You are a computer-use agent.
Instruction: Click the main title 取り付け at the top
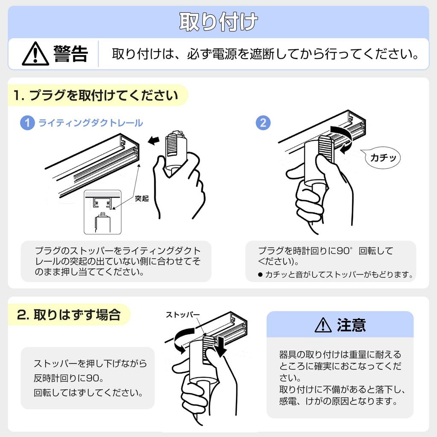(218, 22)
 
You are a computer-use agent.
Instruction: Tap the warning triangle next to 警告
(35, 54)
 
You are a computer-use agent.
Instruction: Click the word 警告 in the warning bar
(71, 53)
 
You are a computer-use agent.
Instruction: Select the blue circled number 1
(27, 122)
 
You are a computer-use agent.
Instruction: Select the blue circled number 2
(263, 122)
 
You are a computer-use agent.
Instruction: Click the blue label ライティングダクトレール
(90, 123)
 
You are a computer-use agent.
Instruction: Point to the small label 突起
(142, 198)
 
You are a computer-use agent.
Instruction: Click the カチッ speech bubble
(382, 158)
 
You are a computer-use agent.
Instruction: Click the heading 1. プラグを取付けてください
(96, 95)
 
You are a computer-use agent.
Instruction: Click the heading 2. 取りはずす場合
(69, 315)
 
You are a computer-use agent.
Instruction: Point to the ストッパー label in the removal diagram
(183, 315)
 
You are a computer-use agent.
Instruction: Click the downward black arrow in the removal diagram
(221, 347)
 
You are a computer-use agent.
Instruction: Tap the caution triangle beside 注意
(323, 325)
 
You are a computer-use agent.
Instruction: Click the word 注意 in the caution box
(351, 325)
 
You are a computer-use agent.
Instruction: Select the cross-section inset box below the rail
(102, 212)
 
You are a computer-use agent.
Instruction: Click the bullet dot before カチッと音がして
(260, 275)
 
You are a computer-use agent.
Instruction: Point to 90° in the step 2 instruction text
(344, 251)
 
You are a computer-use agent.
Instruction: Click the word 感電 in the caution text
(288, 401)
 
